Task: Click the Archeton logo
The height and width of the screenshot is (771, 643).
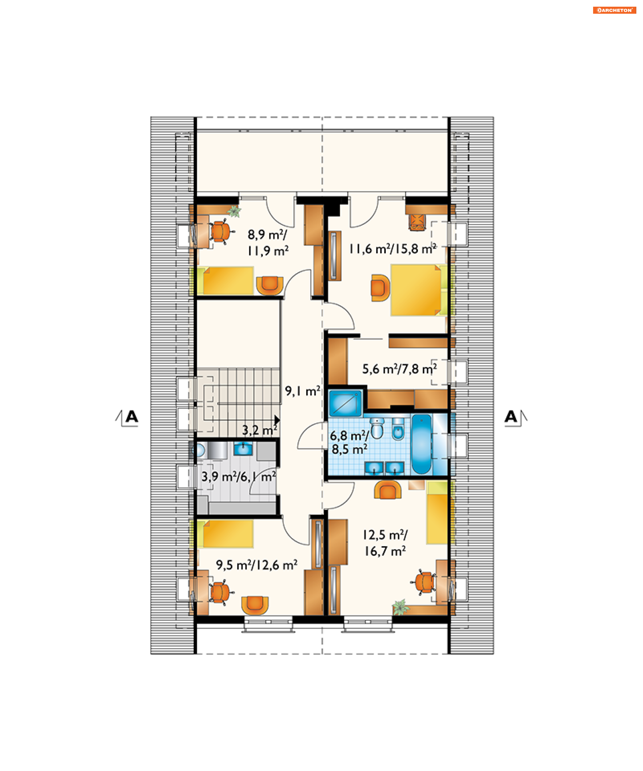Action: pos(614,10)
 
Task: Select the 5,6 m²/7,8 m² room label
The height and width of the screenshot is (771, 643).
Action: pos(400,369)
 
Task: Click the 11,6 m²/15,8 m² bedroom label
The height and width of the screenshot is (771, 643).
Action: pos(392,249)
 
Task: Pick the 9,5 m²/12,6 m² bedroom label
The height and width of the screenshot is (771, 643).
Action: pos(257,565)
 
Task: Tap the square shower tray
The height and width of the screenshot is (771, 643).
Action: pos(345,403)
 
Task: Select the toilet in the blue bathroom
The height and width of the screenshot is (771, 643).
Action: pos(377,428)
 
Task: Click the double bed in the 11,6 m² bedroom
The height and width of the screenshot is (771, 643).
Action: pos(419,290)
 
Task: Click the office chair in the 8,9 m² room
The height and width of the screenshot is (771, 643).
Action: pos(221,231)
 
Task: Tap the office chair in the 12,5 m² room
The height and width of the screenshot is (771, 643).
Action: pos(424,582)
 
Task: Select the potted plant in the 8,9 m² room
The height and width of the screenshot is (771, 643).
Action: pos(234,211)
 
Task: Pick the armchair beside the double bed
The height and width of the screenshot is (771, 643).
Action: pos(380,288)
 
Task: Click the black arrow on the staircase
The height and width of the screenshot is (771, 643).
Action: pos(277,420)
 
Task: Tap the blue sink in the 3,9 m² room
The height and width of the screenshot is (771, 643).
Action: pos(243,449)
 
